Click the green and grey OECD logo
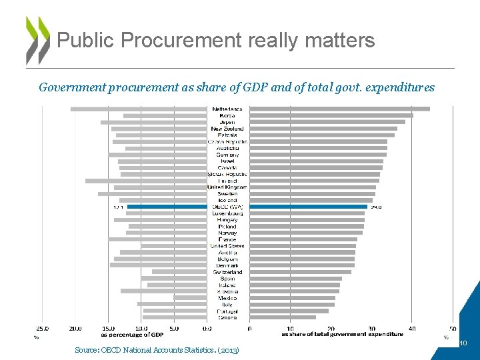(x=37, y=39)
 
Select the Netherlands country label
(x=227, y=109)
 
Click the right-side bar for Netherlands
(x=339, y=109)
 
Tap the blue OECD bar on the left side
(x=167, y=207)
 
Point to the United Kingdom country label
(x=227, y=187)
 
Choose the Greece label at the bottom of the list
(x=227, y=317)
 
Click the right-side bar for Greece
(x=283, y=317)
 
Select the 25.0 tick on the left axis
(x=42, y=328)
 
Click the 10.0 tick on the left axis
(x=141, y=328)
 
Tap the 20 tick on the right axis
(x=331, y=328)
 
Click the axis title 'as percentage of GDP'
(x=132, y=335)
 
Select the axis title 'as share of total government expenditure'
(x=342, y=335)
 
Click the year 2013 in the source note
(x=229, y=350)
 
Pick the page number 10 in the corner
(x=463, y=343)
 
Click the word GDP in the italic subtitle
(x=263, y=87)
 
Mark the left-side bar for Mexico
(x=190, y=298)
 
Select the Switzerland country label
(x=227, y=272)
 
